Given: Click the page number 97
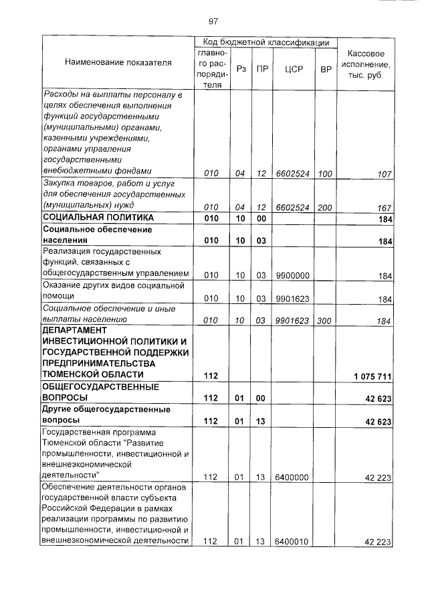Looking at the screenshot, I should (213, 21).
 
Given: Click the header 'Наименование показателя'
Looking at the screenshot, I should (118, 62).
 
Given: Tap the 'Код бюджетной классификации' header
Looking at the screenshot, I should (265, 42).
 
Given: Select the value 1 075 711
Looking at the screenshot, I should (372, 375).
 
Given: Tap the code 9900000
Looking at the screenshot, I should (292, 275).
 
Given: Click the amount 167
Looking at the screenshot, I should (383, 207).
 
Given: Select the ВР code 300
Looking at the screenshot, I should (326, 321).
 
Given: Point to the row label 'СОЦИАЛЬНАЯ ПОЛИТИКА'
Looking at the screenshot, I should (98, 218).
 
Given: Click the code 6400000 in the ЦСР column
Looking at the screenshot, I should (292, 477).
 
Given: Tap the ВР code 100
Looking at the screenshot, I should (326, 173).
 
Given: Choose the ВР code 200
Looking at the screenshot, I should (326, 207).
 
